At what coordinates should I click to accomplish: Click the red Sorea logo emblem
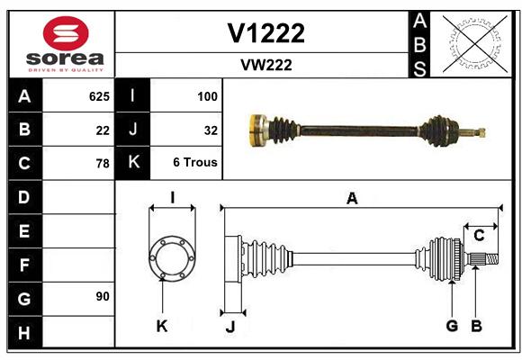(66, 33)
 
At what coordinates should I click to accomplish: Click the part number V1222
(266, 33)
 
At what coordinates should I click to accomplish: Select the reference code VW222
(266, 65)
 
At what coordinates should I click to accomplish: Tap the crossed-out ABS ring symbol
(475, 43)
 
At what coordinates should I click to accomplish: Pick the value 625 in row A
(99, 96)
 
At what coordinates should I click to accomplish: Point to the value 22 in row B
(103, 130)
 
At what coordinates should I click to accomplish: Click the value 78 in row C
(103, 164)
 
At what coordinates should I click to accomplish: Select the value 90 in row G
(103, 296)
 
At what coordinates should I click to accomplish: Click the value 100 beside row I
(207, 96)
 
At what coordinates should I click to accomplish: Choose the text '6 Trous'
(195, 162)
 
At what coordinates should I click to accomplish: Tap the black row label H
(25, 333)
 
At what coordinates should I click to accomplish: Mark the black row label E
(25, 230)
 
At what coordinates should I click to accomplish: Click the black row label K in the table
(133, 162)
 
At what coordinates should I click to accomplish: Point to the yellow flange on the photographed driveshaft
(256, 130)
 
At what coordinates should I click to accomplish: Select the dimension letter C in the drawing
(479, 236)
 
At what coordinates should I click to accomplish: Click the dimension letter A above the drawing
(352, 199)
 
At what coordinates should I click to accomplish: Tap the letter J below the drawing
(230, 327)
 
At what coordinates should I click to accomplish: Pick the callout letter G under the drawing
(452, 326)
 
